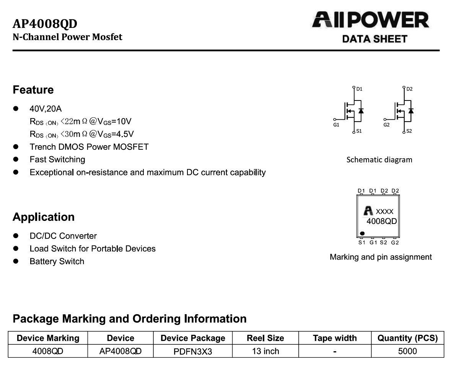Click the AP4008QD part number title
pyautogui.click(x=45, y=23)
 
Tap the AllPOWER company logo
pyautogui.click(x=371, y=19)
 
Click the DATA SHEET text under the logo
pyautogui.click(x=375, y=39)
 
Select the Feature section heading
pyautogui.click(x=33, y=89)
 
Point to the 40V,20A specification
pyautogui.click(x=46, y=109)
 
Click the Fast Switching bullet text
pyautogui.click(x=57, y=159)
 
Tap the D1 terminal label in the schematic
pyautogui.click(x=360, y=89)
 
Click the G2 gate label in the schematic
pyautogui.click(x=386, y=125)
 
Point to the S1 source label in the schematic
pyautogui.click(x=359, y=131)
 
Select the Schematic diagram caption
pyautogui.click(x=379, y=160)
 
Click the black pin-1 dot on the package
pyautogui.click(x=362, y=233)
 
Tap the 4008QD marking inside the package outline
pyautogui.click(x=382, y=221)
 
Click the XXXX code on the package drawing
pyautogui.click(x=384, y=211)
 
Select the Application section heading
pyautogui.click(x=44, y=217)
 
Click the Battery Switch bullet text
pyautogui.click(x=57, y=261)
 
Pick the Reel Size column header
pyautogui.click(x=265, y=338)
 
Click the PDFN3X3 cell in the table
pyautogui.click(x=193, y=352)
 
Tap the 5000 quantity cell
pyautogui.click(x=407, y=351)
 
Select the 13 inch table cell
pyautogui.click(x=265, y=351)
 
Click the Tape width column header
pyautogui.click(x=335, y=338)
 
